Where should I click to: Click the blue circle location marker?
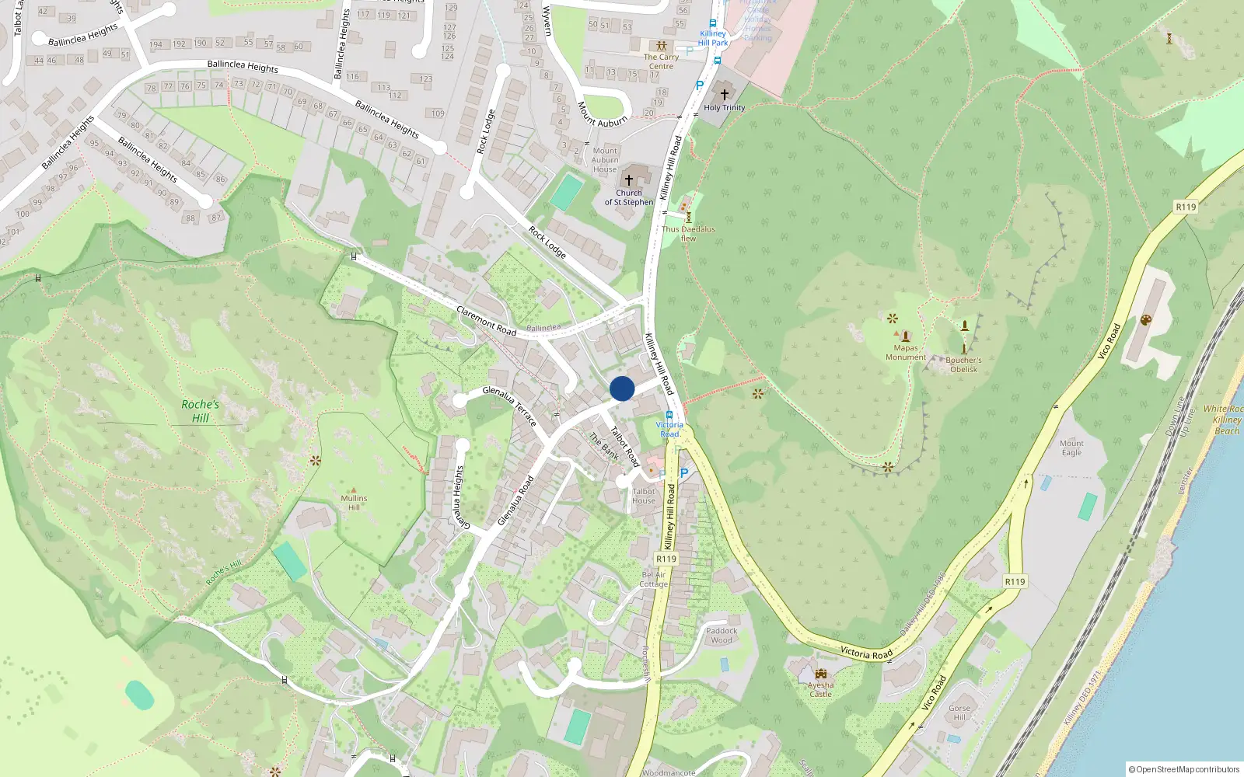coord(622,388)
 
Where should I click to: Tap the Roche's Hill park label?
coord(201,411)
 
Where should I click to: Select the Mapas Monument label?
coord(906,353)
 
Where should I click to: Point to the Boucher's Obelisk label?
coord(963,364)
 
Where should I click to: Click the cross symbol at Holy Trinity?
coord(725,95)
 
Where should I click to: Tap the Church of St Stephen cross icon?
coord(629,180)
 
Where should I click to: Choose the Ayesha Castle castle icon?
coord(821,673)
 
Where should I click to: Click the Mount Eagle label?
coord(1071,448)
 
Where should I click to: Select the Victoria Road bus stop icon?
coord(669,415)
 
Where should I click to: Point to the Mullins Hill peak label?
coord(354,503)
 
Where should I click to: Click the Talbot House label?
coord(644,496)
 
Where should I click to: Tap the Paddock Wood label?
coord(722,636)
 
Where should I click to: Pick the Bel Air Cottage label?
coord(654,580)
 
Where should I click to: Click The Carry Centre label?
coord(661,61)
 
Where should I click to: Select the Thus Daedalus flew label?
coord(688,234)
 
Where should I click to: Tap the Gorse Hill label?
coord(959,713)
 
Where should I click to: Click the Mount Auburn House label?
coord(605,160)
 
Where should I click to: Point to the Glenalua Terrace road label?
coord(509,406)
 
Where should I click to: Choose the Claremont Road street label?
coord(486,321)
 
